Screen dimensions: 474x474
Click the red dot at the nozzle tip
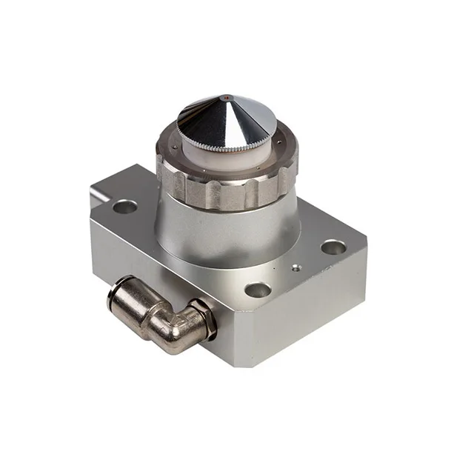224,96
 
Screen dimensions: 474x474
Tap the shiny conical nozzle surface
241,118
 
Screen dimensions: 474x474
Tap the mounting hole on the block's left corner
124,206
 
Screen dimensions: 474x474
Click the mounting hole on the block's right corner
333,247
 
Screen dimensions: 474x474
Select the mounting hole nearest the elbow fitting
258,290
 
